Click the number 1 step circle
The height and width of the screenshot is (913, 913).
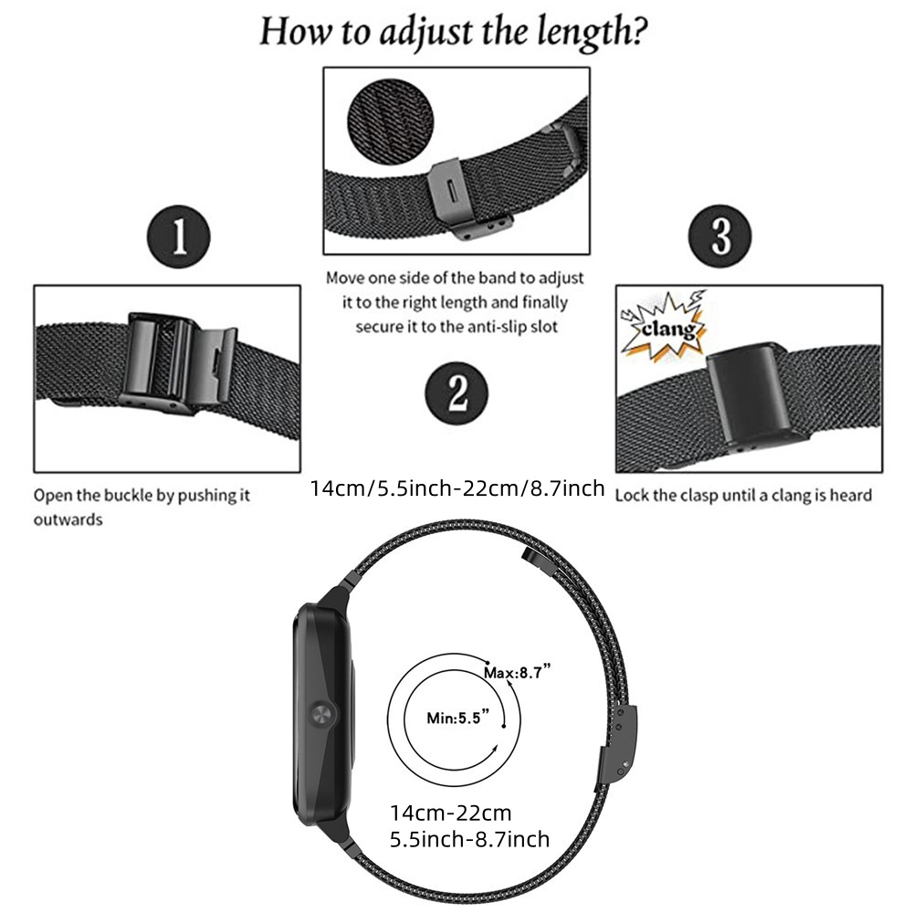(x=179, y=236)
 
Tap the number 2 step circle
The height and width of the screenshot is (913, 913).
(x=456, y=394)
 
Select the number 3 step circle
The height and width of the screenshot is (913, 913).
(x=719, y=236)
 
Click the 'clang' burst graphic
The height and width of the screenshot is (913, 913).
(x=665, y=326)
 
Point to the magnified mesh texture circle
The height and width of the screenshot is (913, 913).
(x=391, y=122)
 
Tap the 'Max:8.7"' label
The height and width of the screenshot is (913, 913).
(x=517, y=673)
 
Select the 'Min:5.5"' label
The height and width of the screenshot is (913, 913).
(x=457, y=718)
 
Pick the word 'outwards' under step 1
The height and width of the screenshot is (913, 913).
(x=68, y=519)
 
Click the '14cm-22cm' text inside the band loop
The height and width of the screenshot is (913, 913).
(x=451, y=813)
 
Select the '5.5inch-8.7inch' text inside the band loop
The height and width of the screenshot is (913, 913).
(x=469, y=839)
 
